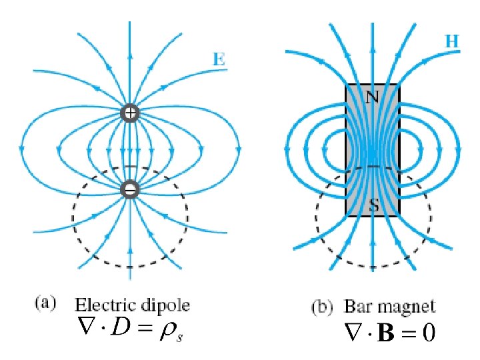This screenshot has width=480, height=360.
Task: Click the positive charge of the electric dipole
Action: pyautogui.click(x=130, y=113)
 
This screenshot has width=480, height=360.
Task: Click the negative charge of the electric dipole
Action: pyautogui.click(x=130, y=190)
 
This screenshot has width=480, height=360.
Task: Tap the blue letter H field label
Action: pyautogui.click(x=451, y=40)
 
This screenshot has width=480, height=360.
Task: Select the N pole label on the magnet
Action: pyautogui.click(x=372, y=97)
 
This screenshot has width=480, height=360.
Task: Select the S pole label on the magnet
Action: pyautogui.click(x=374, y=207)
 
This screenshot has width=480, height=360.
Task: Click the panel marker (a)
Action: pyautogui.click(x=43, y=304)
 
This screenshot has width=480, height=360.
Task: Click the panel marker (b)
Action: pyautogui.click(x=323, y=307)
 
